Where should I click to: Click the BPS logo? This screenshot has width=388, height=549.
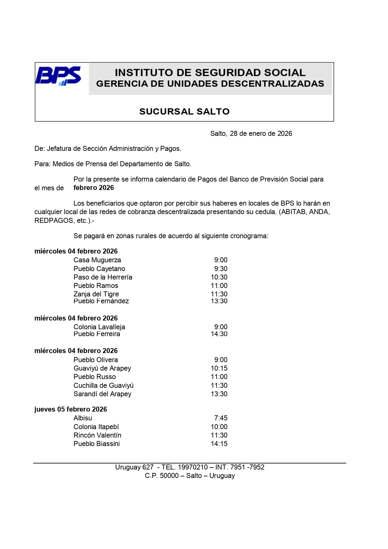[x=58, y=76]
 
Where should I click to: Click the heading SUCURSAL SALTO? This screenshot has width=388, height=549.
[x=184, y=111]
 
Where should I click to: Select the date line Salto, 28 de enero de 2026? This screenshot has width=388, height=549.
[x=251, y=134]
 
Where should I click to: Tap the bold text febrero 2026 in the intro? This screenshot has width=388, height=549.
[x=94, y=188]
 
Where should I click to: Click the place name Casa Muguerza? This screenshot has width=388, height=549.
[x=97, y=260]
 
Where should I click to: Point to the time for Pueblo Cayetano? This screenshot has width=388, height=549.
[x=221, y=269]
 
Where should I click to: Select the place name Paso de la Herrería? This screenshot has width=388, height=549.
[x=103, y=277]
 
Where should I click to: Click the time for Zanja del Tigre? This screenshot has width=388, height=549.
[x=219, y=294]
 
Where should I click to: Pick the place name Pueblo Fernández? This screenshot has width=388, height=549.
[x=101, y=301]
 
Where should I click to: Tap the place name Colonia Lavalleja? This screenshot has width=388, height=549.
[x=99, y=327]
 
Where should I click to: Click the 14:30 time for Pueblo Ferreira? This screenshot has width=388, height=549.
[x=219, y=334]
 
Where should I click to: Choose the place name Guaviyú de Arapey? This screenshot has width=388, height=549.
[x=102, y=368]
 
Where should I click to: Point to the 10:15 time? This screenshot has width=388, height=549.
[x=219, y=368]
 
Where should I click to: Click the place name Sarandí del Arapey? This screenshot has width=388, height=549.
[x=102, y=394]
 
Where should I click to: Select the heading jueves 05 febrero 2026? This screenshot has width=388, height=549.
[x=71, y=409]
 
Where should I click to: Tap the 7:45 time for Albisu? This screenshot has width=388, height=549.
[x=221, y=418]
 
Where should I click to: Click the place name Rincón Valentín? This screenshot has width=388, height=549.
[x=97, y=435]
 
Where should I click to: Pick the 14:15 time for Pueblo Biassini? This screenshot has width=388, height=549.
[x=219, y=444]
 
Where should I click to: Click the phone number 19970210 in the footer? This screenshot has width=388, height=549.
[x=193, y=467]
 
